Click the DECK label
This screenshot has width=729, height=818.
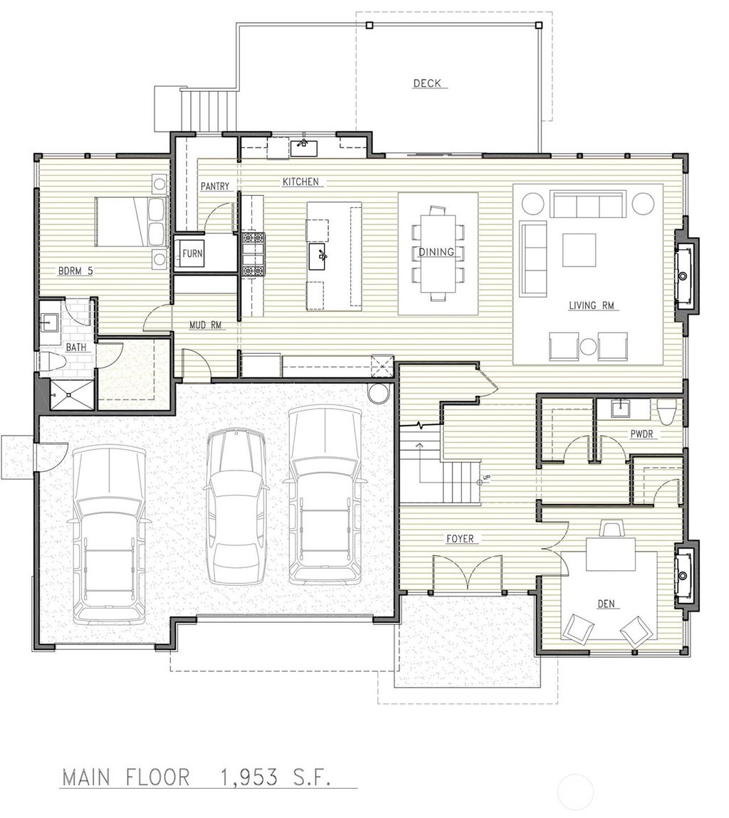[427, 83]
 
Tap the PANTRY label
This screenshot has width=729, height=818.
[214, 187]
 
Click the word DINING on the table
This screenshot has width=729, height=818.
[436, 252]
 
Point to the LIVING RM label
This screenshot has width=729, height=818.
[591, 306]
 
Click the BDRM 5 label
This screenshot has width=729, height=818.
[75, 271]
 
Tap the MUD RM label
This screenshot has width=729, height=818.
[205, 325]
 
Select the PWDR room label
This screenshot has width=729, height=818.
[641, 433]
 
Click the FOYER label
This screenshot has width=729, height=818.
[460, 539]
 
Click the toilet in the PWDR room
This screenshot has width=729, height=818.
[667, 411]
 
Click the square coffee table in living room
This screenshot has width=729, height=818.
[579, 250]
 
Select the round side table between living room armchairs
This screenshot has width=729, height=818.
[588, 347]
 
